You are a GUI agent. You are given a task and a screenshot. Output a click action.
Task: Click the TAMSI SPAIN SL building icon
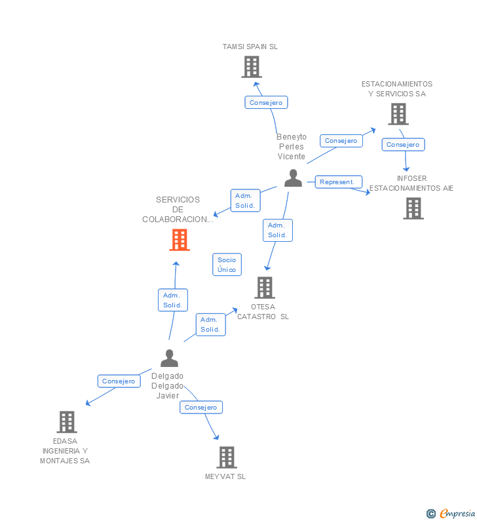coord(251,67)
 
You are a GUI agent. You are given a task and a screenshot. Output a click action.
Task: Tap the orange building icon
coord(179,240)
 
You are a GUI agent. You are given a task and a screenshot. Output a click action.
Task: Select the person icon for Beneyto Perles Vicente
coord(293,178)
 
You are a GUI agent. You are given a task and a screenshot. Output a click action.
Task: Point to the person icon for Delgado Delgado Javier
coord(169,358)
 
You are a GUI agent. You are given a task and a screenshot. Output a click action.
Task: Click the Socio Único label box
coord(227,265)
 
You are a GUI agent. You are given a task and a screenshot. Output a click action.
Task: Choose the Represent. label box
coord(338,182)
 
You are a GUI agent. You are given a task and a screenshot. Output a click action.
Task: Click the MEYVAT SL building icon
coord(226,457)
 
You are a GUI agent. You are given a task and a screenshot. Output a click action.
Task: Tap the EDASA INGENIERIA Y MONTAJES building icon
coord(67,422)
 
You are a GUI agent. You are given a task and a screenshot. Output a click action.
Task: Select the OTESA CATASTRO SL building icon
coord(264,287)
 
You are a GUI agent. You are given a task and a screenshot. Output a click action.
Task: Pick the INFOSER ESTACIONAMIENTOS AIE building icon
coord(413,208)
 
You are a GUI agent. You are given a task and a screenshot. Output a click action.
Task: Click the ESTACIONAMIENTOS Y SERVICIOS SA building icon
coord(398,114)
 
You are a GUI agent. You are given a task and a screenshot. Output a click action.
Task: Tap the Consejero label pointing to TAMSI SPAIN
coord(265,102)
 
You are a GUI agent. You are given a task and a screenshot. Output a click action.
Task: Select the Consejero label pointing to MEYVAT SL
coord(200,407)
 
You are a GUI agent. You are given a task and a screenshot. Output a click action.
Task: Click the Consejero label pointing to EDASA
coord(119,381)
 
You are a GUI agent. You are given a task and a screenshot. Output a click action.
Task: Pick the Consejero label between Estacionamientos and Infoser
coord(402,144)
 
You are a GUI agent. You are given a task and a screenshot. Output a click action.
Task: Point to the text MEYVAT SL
coord(225,476)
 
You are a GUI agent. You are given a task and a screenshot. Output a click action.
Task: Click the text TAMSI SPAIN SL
coord(250,47)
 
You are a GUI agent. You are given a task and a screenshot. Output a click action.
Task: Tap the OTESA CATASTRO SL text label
coord(263,312)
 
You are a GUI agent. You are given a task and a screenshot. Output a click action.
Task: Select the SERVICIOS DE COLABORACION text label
coord(178,210)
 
